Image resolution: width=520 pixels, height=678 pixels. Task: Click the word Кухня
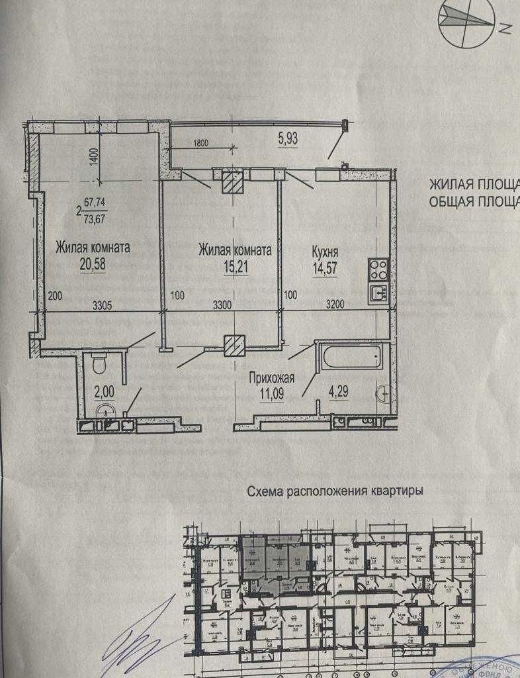(325, 252)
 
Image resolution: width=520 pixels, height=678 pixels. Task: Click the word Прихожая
(271, 379)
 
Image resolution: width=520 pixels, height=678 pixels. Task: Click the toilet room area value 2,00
(103, 391)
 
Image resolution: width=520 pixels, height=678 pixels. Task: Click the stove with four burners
(378, 268)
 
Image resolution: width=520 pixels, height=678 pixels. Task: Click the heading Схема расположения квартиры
(335, 492)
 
